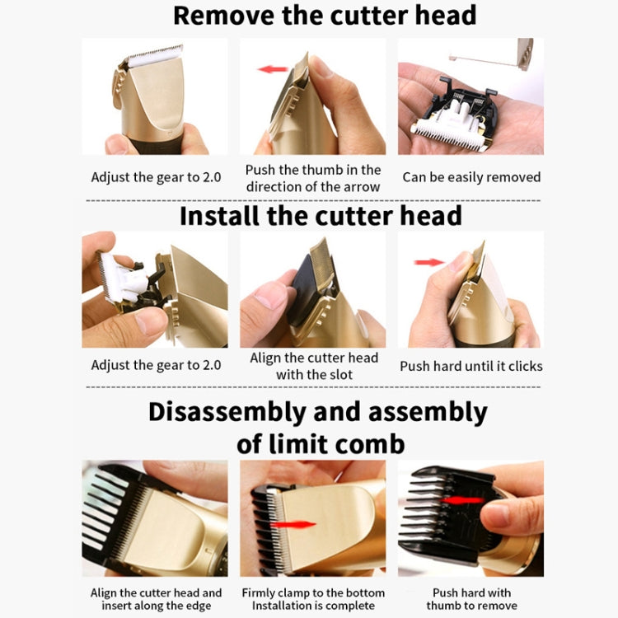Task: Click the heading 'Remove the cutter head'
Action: tap(324, 16)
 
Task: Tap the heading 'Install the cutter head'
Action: tap(321, 216)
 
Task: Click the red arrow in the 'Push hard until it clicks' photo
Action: tap(429, 262)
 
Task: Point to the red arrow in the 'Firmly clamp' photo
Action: tap(293, 524)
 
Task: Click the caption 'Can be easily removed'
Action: tap(471, 177)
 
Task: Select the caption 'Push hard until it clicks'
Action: tap(471, 365)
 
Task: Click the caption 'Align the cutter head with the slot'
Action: tap(314, 366)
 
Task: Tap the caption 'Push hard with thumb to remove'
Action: tap(471, 599)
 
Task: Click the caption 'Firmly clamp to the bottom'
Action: tap(313, 592)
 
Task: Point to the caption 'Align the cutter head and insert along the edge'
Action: tap(156, 599)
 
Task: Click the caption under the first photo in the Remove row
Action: tap(156, 177)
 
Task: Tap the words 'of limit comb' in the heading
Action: tap(321, 444)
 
